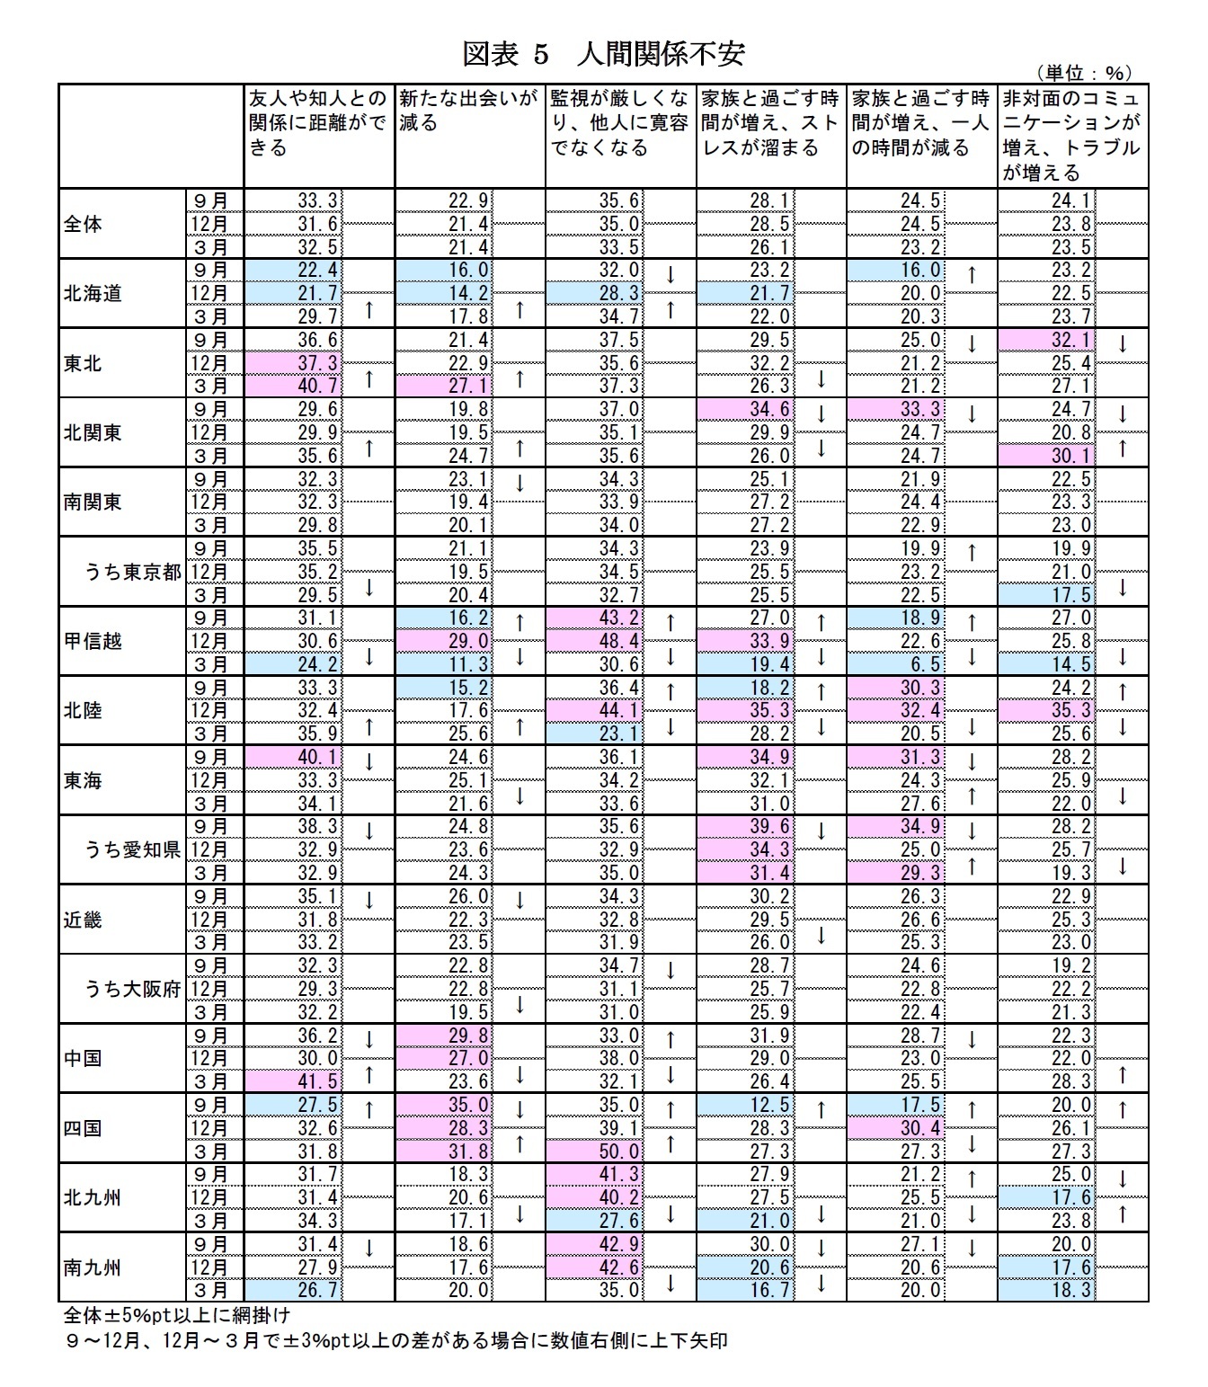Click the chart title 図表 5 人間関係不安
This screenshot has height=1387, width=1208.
point(603,54)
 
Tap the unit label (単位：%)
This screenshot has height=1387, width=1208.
point(1083,74)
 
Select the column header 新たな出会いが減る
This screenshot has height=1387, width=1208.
point(469,111)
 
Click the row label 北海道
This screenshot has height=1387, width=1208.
point(93,293)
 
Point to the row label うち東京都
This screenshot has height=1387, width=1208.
point(133,572)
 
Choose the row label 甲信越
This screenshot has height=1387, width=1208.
point(93,641)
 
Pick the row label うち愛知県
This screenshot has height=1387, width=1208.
point(133,849)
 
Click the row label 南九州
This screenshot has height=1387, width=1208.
point(93,1267)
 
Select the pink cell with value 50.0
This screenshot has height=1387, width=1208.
point(595,1151)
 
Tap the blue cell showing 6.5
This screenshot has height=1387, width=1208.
point(896,664)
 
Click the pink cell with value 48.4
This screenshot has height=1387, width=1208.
point(595,641)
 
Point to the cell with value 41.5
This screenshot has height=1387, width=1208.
point(294,1082)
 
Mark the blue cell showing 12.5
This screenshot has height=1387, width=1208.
point(745,1106)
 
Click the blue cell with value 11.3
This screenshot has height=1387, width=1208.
point(444,664)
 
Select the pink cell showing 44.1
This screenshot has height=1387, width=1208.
point(595,711)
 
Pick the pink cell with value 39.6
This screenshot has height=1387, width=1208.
point(745,827)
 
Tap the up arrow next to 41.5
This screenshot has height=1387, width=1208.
point(369,1074)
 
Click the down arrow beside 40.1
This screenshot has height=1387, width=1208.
point(369,760)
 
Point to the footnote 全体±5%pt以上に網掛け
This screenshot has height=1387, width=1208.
point(176,1315)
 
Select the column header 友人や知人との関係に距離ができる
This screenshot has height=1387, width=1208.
point(318,123)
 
